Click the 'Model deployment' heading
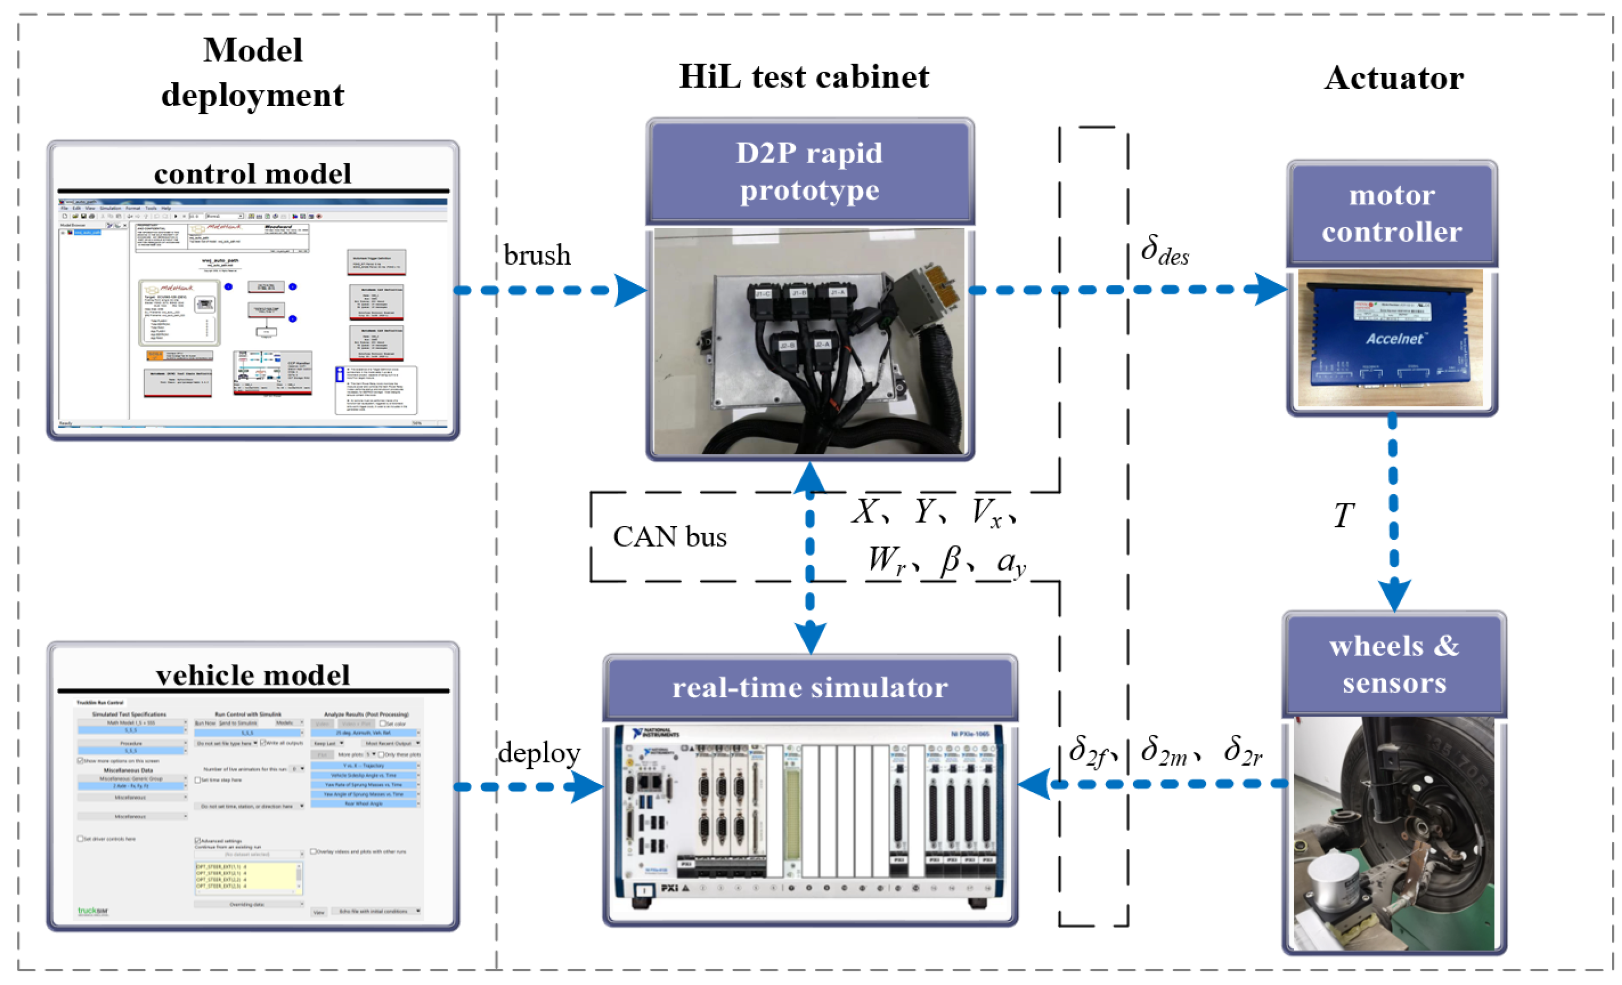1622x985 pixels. point(252,72)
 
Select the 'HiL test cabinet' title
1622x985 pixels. point(804,77)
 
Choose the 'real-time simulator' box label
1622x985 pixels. point(809,687)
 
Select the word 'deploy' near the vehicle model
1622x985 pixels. point(539,753)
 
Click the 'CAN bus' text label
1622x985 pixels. point(669,537)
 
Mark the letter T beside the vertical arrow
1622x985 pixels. point(1344,515)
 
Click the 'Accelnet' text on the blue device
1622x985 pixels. point(1394,338)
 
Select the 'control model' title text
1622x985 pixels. point(252,174)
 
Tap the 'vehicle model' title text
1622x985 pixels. point(252,675)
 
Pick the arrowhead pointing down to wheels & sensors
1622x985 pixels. point(1393,596)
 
